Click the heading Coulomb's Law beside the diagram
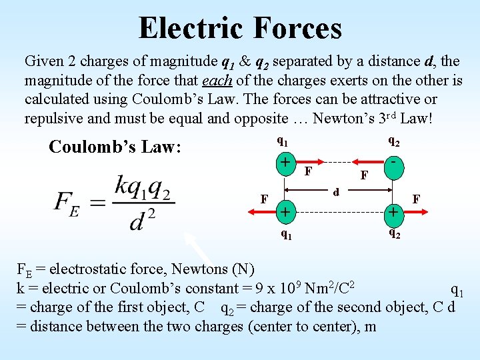115,147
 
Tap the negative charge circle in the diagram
395,163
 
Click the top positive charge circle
285,163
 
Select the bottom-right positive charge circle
395,212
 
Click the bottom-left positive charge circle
285,212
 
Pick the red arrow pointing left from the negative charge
364,162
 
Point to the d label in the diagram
337,193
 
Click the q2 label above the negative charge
395,141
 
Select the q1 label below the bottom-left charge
285,234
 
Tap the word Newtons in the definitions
200,269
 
